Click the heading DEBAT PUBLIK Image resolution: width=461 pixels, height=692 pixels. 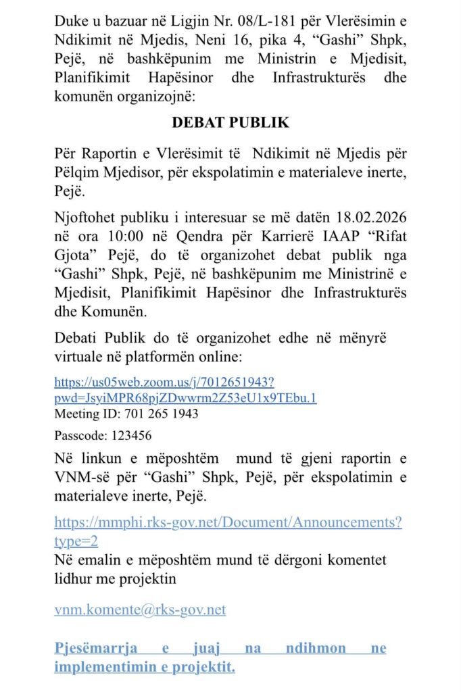(230, 123)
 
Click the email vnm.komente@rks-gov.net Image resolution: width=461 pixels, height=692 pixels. (140, 610)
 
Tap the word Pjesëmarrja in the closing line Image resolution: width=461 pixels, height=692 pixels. (95, 648)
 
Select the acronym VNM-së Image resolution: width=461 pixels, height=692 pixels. (82, 477)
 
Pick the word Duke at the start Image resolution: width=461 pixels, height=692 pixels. (71, 20)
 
